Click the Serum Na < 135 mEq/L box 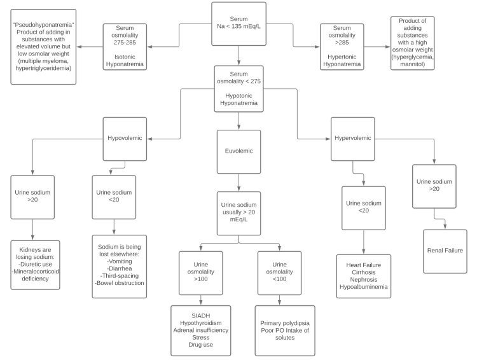point(238,24)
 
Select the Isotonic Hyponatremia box point(125,46)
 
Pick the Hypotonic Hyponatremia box point(238,88)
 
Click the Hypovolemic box point(125,139)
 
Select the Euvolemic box point(238,152)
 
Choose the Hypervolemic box point(352,139)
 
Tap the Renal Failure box point(445,251)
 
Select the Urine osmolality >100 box point(201,273)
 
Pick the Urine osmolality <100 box point(279,273)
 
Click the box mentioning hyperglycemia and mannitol point(412,43)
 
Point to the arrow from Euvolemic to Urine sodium point(238,182)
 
